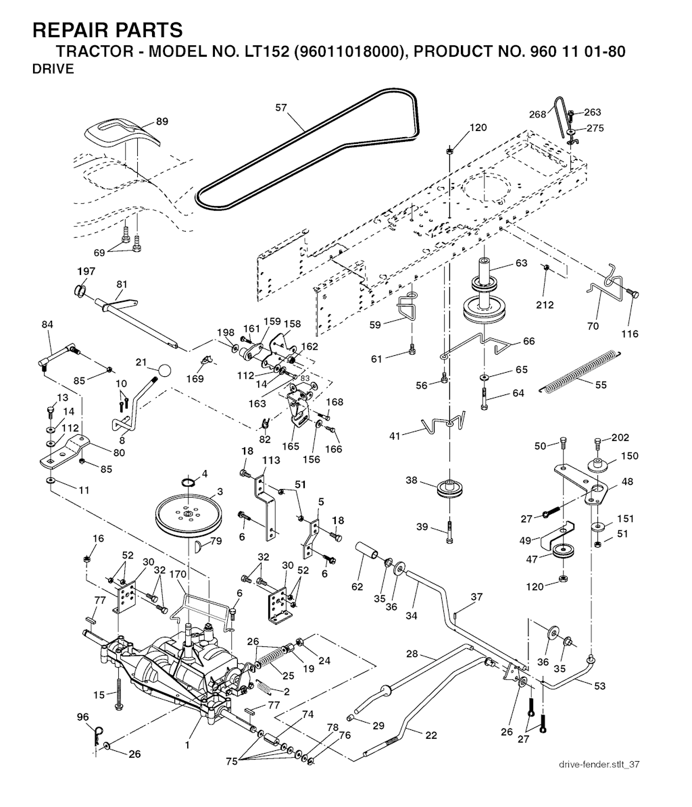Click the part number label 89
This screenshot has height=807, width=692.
point(162,122)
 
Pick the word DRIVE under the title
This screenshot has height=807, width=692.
point(53,70)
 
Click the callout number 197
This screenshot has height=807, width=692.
point(86,271)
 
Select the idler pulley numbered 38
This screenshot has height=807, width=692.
point(447,488)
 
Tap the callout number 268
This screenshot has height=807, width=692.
point(537,114)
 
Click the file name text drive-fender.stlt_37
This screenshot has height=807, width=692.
point(599,764)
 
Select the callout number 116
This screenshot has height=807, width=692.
point(629,334)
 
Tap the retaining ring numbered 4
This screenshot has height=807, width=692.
point(189,481)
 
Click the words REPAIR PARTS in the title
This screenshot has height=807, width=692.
point(107,30)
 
